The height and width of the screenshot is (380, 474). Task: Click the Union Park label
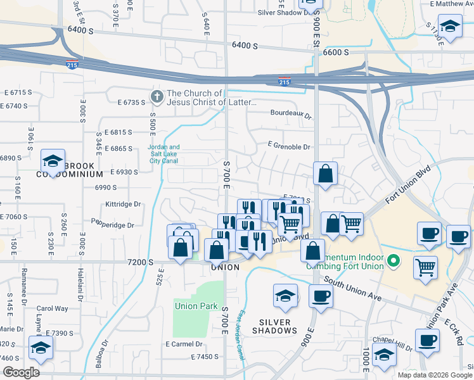pyautogui.click(x=196, y=306)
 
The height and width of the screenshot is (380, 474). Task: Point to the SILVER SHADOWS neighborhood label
pyautogui.click(x=274, y=326)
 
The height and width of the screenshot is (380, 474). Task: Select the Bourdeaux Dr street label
pyautogui.click(x=291, y=116)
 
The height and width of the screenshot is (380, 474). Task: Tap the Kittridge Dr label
pyautogui.click(x=123, y=205)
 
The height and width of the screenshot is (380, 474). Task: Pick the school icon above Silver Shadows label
pyautogui.click(x=285, y=296)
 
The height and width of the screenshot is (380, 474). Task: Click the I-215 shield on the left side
pyautogui.click(x=72, y=63)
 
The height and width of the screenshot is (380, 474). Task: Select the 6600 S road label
pyautogui.click(x=336, y=52)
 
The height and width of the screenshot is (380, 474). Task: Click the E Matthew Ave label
pyautogui.click(x=451, y=4)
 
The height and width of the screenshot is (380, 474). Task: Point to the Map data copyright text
pyautogui.click(x=435, y=375)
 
